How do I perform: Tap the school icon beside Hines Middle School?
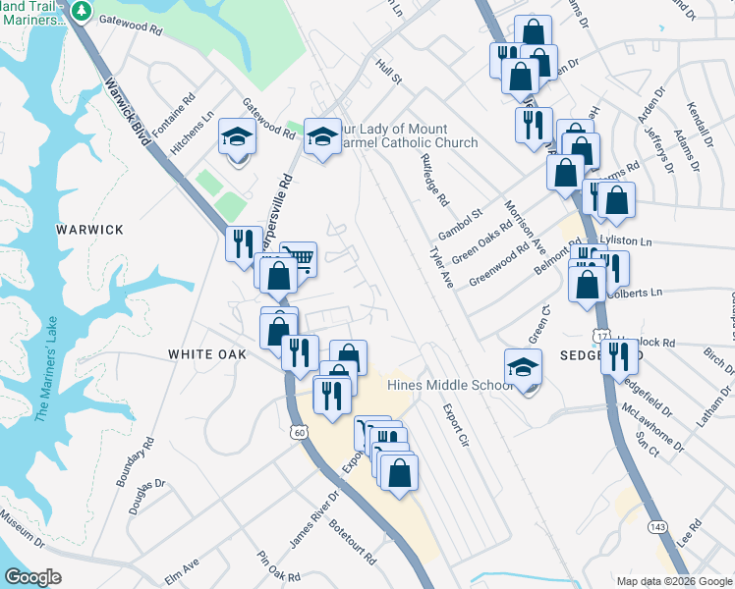523,368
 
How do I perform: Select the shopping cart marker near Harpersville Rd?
299,260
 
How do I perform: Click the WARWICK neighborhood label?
89,230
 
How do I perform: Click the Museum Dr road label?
22,529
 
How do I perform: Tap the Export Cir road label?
453,425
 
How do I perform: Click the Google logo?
32,577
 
